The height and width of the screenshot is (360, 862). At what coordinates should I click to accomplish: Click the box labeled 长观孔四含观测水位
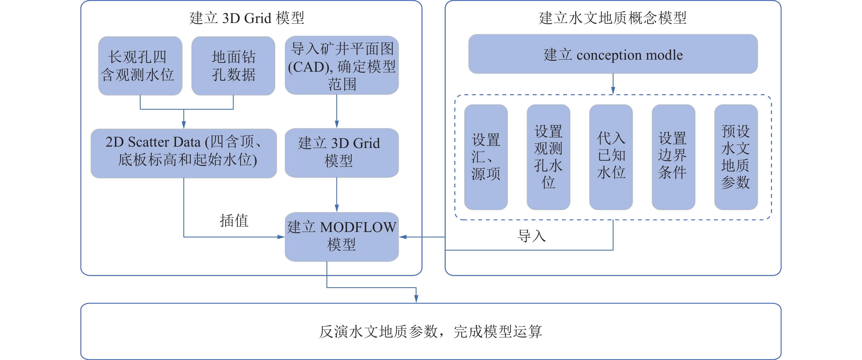pyautogui.click(x=140, y=66)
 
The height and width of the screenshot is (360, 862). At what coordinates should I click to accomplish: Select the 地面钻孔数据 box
pyautogui.click(x=233, y=66)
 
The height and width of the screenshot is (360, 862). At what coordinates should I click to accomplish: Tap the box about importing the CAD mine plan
pyautogui.click(x=342, y=66)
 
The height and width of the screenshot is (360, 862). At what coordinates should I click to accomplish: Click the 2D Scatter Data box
pyautogui.click(x=184, y=153)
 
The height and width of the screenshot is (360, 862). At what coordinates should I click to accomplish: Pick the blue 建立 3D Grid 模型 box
pyautogui.click(x=342, y=153)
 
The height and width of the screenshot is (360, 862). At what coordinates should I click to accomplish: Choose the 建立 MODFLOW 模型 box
pyautogui.click(x=342, y=237)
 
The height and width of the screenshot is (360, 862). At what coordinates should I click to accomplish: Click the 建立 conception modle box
pyautogui.click(x=613, y=54)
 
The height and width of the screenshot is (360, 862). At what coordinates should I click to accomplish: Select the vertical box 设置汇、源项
pyautogui.click(x=486, y=157)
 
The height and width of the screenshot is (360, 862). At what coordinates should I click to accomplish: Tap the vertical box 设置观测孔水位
pyautogui.click(x=548, y=157)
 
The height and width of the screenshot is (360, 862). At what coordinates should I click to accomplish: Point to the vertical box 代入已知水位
pyautogui.click(x=611, y=157)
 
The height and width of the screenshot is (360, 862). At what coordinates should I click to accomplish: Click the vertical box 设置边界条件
pyautogui.click(x=673, y=157)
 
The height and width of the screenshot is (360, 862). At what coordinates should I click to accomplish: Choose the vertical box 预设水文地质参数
pyautogui.click(x=736, y=157)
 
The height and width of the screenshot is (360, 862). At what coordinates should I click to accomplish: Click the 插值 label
pyautogui.click(x=234, y=221)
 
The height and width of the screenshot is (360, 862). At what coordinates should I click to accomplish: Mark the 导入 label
pyautogui.click(x=532, y=236)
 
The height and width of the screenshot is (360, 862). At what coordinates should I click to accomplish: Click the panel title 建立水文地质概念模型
pyautogui.click(x=613, y=18)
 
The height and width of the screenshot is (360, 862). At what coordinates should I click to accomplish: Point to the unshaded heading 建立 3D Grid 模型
pyautogui.click(x=247, y=18)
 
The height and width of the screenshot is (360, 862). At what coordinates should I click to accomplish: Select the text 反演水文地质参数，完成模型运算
pyautogui.click(x=431, y=332)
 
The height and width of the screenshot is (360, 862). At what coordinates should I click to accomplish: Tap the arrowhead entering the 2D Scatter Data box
pyautogui.click(x=184, y=125)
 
